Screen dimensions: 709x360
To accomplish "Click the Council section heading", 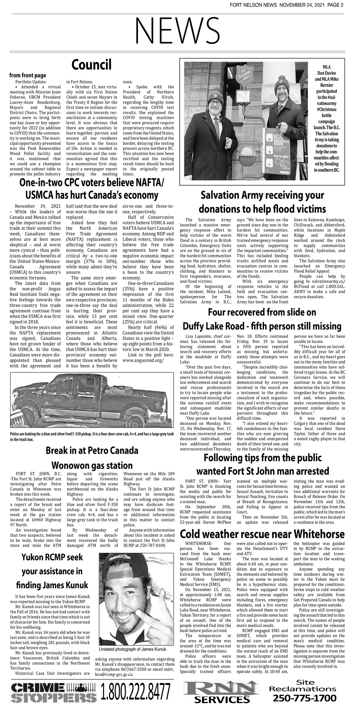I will (91, 65).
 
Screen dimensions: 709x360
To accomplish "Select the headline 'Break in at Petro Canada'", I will (92, 450).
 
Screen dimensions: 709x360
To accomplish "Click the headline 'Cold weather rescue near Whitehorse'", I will (262, 534).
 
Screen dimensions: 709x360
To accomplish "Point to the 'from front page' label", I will (27, 76).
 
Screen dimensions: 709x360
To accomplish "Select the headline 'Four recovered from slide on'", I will (262, 312).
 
